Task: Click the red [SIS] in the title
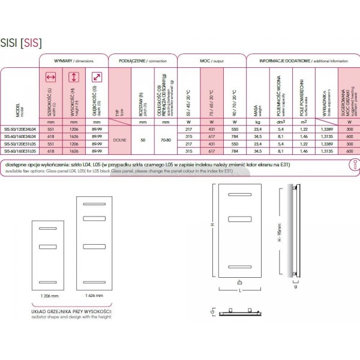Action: [32, 43]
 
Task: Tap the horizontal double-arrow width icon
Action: [51, 77]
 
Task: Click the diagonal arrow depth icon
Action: [94, 77]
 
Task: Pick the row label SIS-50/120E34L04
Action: [20, 130]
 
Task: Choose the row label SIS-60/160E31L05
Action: [20, 152]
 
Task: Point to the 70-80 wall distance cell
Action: [164, 140]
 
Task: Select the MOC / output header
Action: [211, 61]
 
